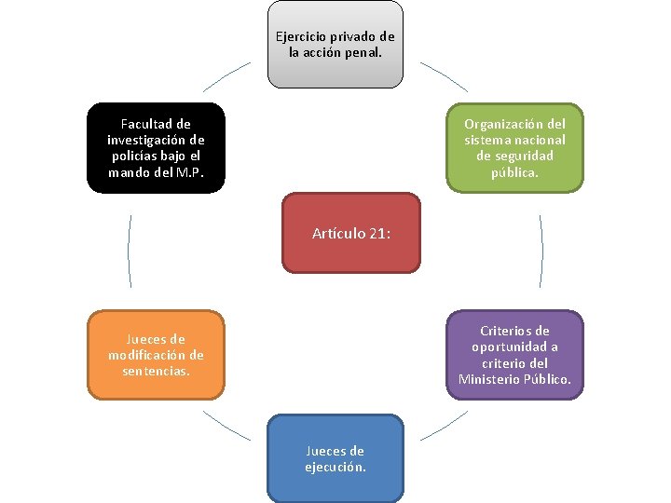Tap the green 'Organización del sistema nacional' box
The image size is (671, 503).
coord(514,147)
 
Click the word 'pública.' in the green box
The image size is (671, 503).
coord(514,171)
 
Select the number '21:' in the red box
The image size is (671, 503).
coord(378,233)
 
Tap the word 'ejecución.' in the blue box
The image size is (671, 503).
coord(335,467)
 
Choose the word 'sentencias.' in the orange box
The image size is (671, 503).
coord(156,371)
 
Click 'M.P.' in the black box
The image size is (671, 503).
coord(189,172)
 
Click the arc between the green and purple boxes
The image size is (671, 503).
coord(541,251)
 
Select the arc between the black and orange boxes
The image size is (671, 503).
coord(129,251)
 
